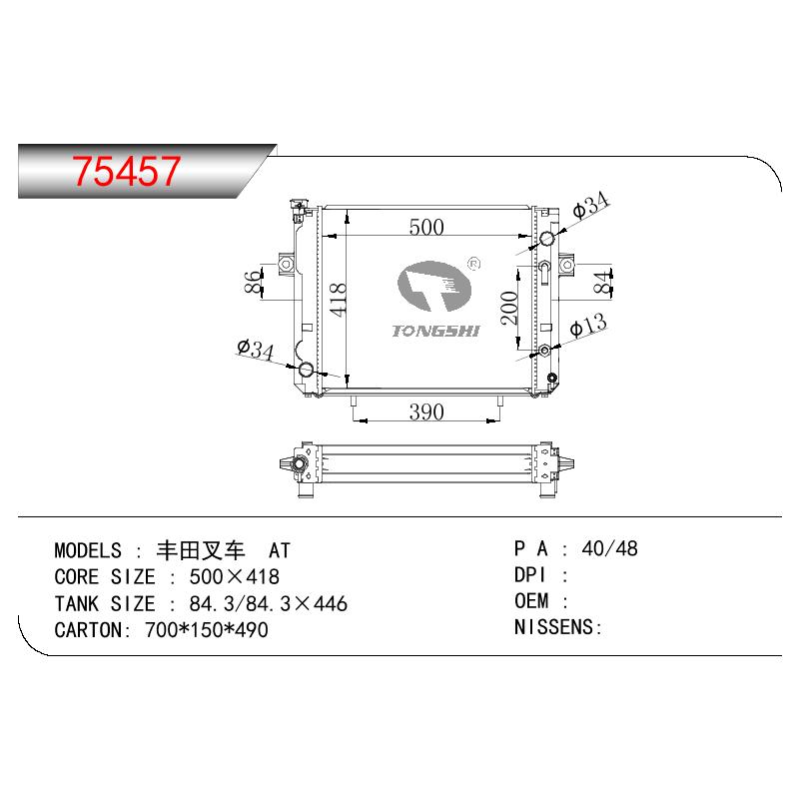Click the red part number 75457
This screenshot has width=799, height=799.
[126, 171]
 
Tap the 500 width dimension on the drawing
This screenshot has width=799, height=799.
[426, 227]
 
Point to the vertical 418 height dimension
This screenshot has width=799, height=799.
[338, 300]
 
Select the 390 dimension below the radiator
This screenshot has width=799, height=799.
[426, 411]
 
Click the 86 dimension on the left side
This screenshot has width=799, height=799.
[254, 283]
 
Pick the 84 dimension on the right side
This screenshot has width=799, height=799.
[602, 283]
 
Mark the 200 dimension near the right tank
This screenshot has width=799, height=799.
[509, 308]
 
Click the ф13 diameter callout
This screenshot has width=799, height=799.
[588, 326]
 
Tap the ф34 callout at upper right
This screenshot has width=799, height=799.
[590, 205]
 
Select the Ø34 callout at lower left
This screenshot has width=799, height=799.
[256, 350]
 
